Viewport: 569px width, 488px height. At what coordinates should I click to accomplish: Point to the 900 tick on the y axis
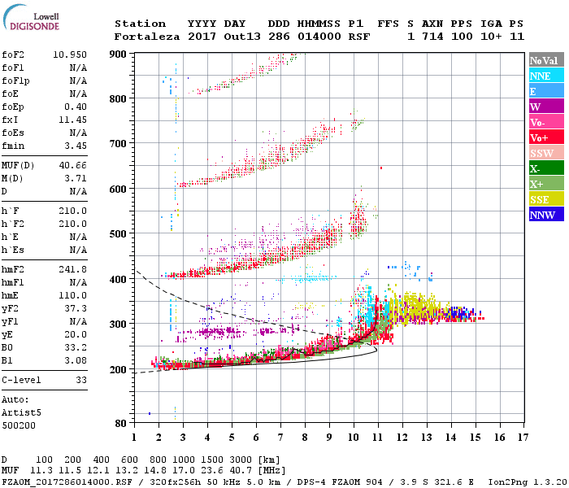pyautogui.click(x=118, y=54)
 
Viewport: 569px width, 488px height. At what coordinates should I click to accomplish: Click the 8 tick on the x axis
pyautogui.click(x=305, y=437)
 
